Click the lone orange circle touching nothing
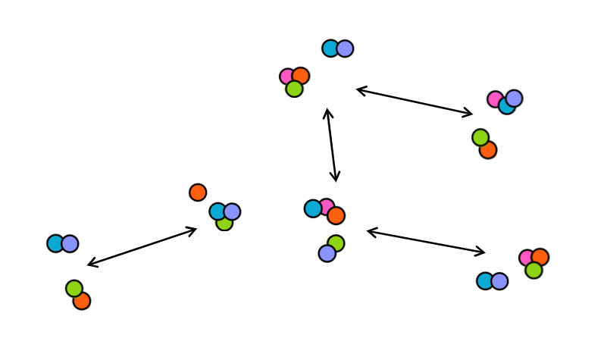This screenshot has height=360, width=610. click(x=198, y=193)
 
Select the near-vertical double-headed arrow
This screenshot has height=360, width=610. click(x=331, y=145)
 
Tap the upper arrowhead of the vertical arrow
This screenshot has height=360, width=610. click(x=327, y=111)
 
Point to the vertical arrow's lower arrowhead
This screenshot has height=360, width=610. click(x=336, y=180)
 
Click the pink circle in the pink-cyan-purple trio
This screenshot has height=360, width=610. click(x=495, y=99)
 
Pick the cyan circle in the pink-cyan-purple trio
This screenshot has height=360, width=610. click(x=506, y=106)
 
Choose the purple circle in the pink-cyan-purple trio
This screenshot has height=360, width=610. click(x=514, y=98)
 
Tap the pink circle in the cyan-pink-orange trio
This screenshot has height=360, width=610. click(x=327, y=206)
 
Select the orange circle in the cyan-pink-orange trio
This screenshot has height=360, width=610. click(x=336, y=216)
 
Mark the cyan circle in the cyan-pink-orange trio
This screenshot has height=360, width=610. click(x=313, y=208)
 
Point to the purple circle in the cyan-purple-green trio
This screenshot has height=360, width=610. click(x=232, y=211)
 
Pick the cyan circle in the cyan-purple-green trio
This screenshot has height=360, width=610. click(x=218, y=211)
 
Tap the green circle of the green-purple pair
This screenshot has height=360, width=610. click(x=336, y=243)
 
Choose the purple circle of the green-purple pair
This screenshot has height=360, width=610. click(x=327, y=253)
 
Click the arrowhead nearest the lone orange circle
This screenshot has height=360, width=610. click(x=195, y=229)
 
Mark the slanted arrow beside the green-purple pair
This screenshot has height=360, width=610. click(x=426, y=241)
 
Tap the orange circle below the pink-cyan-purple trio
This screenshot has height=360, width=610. click(x=488, y=150)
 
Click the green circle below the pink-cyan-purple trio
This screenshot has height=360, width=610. click(x=480, y=137)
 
